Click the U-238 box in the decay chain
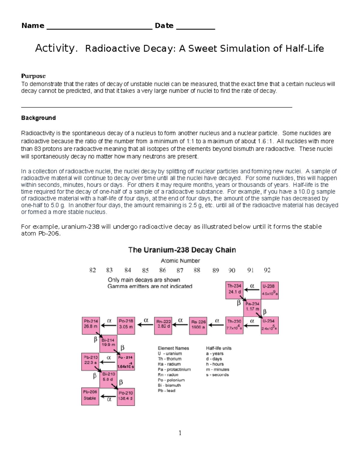click(270, 290)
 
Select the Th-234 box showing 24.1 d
click(234, 290)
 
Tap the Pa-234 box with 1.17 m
click(252, 308)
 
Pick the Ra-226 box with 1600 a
click(198, 326)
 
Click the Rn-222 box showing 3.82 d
click(163, 325)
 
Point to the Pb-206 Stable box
click(90, 396)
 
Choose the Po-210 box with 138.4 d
click(126, 396)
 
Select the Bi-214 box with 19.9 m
click(108, 343)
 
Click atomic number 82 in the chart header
click(93, 270)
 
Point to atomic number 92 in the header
click(267, 270)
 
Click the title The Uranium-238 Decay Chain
click(182, 250)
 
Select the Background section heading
click(38, 118)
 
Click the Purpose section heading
click(33, 76)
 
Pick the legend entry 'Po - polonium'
click(171, 380)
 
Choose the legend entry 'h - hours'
click(215, 364)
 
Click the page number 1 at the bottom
click(180, 433)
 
